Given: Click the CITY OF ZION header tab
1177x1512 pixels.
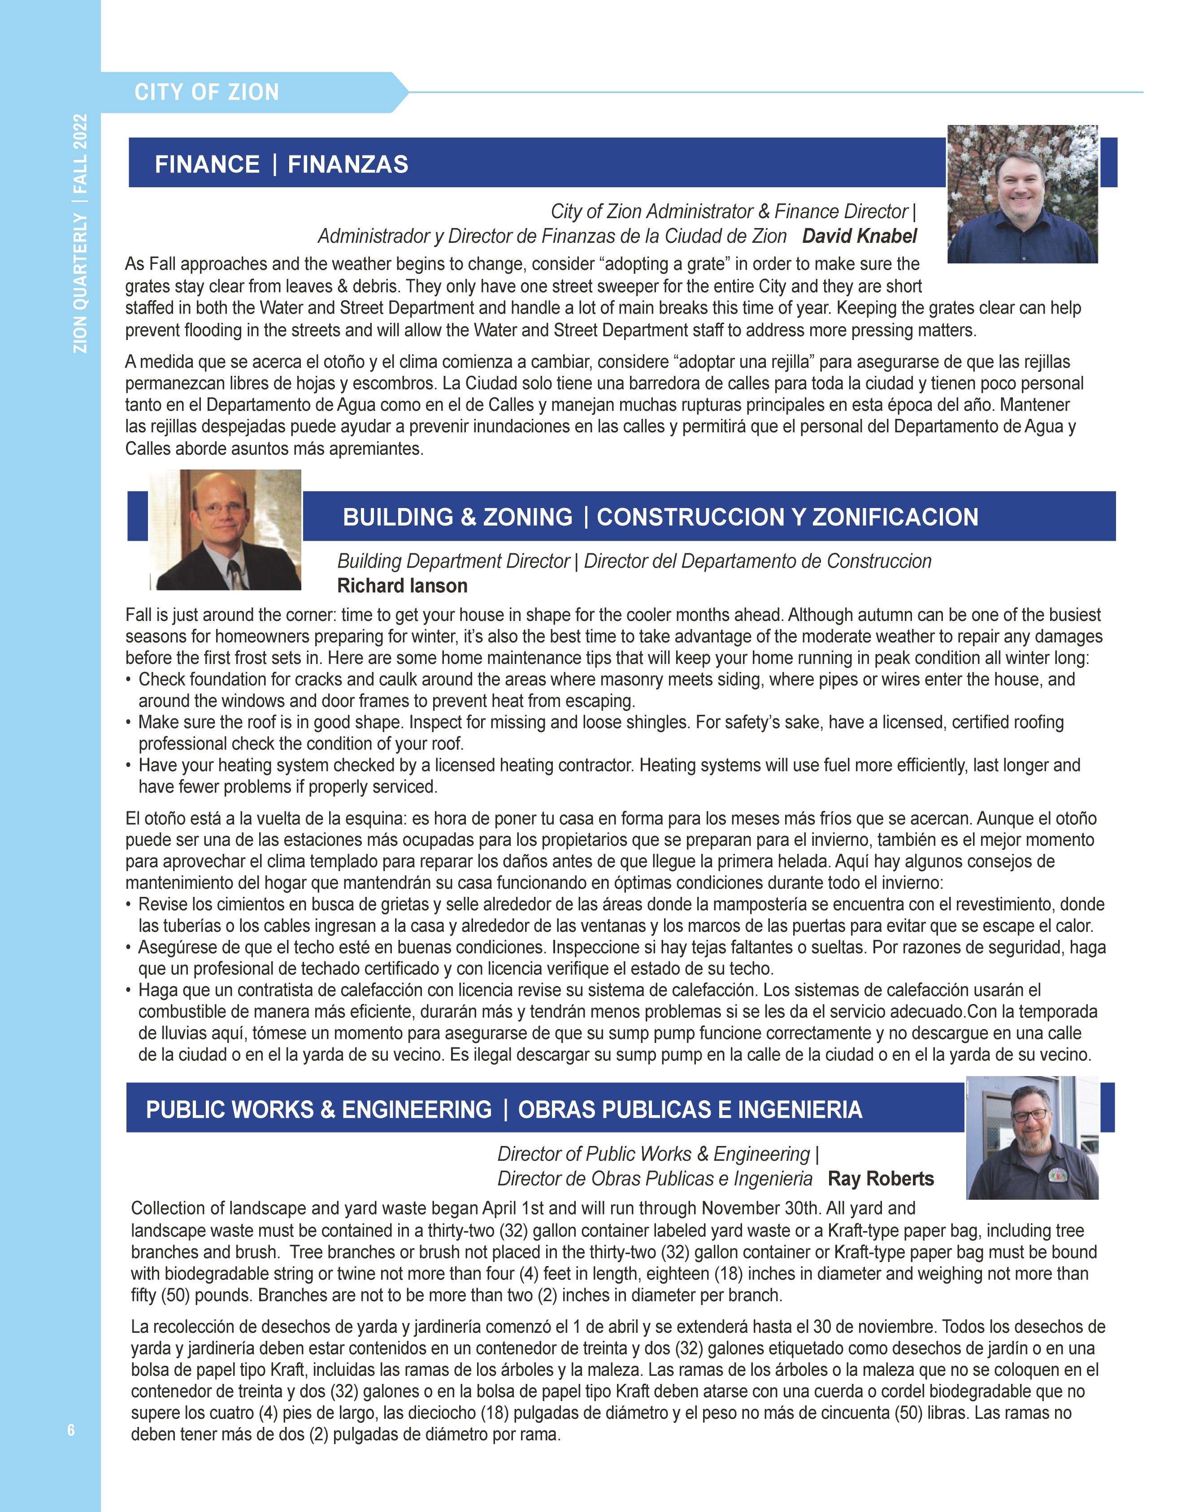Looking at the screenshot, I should click(206, 92).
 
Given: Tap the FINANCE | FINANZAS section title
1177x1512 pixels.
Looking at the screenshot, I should click(281, 164).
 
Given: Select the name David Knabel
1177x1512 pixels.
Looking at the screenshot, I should click(859, 236).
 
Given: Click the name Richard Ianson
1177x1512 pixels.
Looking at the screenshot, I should click(402, 586).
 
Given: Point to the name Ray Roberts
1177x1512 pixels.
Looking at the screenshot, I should click(881, 1178).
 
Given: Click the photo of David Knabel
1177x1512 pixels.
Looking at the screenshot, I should click(1022, 194).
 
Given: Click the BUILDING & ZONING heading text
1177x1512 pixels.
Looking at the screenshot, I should click(457, 517).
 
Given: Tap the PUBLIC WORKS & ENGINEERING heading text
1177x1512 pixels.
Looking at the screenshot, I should click(318, 1109).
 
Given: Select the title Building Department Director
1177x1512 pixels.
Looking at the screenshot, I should click(453, 561).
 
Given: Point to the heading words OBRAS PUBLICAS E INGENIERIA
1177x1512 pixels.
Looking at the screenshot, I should click(690, 1109).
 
